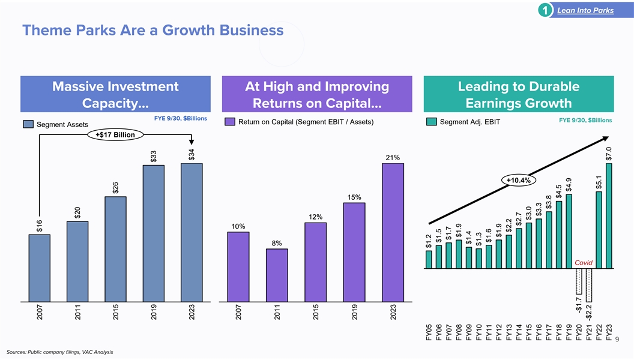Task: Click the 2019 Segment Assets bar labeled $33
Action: (x=154, y=233)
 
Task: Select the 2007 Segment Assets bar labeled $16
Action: (x=40, y=268)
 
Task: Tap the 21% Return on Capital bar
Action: (x=393, y=232)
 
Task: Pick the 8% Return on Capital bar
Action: (x=277, y=275)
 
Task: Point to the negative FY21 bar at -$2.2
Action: (x=589, y=286)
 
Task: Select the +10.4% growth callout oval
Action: (x=521, y=180)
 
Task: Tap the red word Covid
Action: (x=584, y=263)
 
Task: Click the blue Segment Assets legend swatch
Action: (x=28, y=124)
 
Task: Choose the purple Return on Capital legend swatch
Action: (x=229, y=122)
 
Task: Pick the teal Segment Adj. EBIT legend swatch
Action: (x=430, y=122)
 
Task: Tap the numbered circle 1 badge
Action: (x=543, y=10)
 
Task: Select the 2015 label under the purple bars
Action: (x=316, y=315)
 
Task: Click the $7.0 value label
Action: (x=609, y=154)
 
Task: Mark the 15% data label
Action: (x=354, y=197)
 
